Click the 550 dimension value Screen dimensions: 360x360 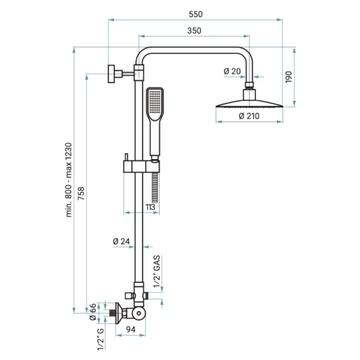click(196, 14)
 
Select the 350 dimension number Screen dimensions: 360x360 click(194, 30)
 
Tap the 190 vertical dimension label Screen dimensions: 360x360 click(288, 77)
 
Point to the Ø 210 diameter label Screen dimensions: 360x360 click(249, 116)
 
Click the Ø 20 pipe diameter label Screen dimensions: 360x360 click(233, 72)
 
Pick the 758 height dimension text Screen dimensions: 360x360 click(81, 193)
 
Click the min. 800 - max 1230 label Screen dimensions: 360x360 click(68, 180)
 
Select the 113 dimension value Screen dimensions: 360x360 click(150, 207)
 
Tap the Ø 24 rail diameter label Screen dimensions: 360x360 click(121, 241)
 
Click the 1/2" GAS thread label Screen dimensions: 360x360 click(157, 271)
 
